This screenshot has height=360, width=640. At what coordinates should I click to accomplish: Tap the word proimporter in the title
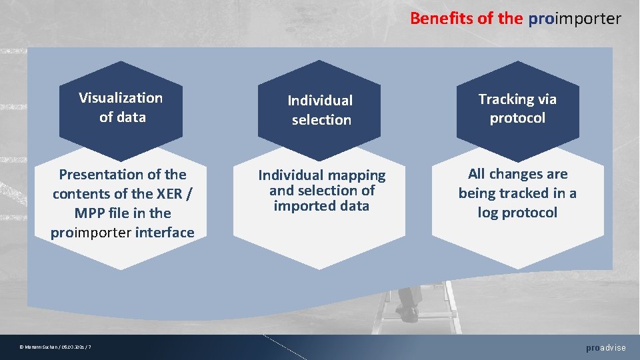(575, 18)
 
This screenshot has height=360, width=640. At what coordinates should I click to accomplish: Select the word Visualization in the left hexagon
(121, 98)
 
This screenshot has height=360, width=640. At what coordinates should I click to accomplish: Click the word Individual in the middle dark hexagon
(320, 101)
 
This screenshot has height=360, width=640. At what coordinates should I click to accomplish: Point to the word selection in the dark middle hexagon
(321, 120)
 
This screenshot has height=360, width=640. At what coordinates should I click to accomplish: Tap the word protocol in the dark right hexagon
(517, 118)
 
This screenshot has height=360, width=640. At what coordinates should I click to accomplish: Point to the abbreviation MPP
(89, 213)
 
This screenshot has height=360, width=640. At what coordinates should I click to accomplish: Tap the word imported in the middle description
(301, 206)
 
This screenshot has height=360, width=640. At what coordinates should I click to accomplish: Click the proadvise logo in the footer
(606, 348)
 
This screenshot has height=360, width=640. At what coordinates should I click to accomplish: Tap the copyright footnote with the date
(56, 347)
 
